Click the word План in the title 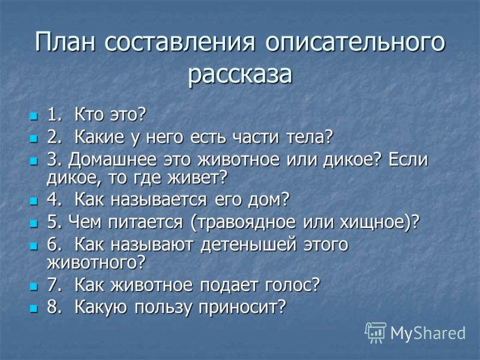pos(65,41)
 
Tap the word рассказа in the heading pos(240,74)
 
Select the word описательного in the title pos(355,42)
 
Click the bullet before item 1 pos(34,116)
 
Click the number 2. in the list pos(55,137)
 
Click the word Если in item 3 pos(408,160)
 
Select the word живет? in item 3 pos(197,178)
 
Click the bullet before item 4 pos(34,201)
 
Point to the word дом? pos(268,200)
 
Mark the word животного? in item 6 pos(95,263)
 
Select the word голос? pos(292,284)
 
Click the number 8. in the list pos(55,307)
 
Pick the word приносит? pos(242,307)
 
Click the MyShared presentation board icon pos(376,333)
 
